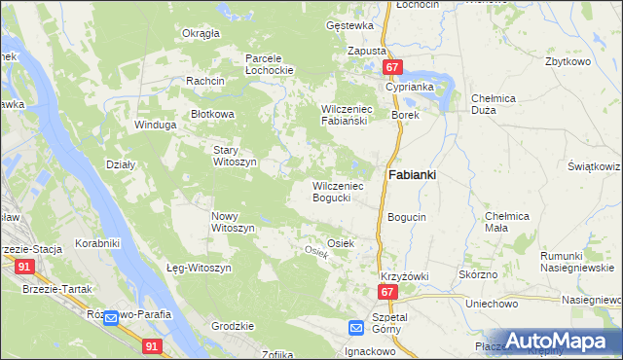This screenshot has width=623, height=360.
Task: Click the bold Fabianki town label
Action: (413, 174)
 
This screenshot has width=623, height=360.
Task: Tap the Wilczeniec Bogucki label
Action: (337, 191)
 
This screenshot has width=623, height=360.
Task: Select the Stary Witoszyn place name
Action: (235, 156)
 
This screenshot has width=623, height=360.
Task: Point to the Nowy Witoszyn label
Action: (233, 221)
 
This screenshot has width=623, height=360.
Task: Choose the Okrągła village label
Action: (201, 33)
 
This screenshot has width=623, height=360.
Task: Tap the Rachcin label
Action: (206, 81)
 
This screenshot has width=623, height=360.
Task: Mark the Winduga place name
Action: (156, 126)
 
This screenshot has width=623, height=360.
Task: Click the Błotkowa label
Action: (213, 114)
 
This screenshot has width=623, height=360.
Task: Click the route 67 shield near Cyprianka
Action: (392, 67)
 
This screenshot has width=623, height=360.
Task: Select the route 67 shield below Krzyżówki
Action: (387, 292)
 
